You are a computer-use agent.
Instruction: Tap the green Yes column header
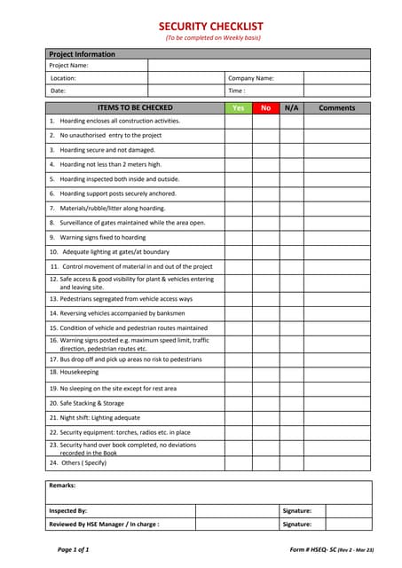(x=238, y=107)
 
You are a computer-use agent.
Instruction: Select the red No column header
(x=265, y=107)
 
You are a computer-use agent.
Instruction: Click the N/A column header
(x=290, y=107)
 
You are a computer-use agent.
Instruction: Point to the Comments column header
(x=336, y=107)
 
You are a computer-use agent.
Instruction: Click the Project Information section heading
(x=82, y=54)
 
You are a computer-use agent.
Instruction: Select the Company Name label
(x=251, y=78)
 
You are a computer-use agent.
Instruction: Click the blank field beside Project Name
(x=259, y=66)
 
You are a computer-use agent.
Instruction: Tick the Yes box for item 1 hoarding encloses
(x=238, y=121)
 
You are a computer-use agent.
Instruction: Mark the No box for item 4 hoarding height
(x=265, y=164)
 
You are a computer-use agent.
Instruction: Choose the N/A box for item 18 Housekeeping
(x=290, y=373)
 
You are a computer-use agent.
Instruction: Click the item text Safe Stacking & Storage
(x=86, y=403)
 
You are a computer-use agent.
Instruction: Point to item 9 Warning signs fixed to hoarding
(x=98, y=237)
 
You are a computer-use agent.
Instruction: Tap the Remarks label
(x=62, y=485)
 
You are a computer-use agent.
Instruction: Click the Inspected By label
(x=67, y=510)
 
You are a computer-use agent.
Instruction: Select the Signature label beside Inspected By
(x=296, y=510)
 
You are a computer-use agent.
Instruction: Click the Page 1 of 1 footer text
(x=74, y=549)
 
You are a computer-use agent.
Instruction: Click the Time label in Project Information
(x=236, y=91)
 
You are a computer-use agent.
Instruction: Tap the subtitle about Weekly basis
(x=210, y=38)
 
